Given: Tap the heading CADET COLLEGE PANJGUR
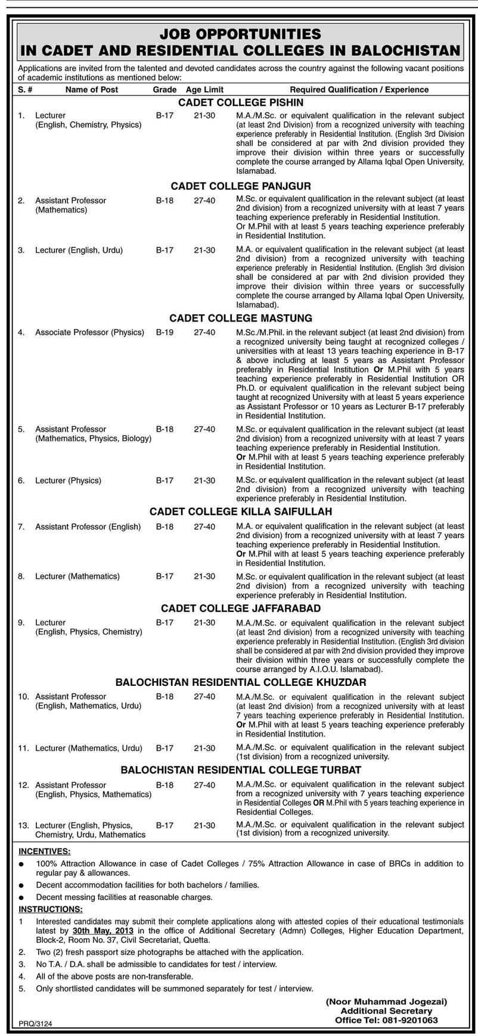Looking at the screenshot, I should coord(240,186).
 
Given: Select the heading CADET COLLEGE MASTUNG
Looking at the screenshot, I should coord(240,319).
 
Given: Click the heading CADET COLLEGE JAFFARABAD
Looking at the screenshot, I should coord(240,609).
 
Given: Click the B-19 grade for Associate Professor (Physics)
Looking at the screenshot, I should coord(164,332).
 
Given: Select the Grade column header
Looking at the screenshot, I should coord(164,89).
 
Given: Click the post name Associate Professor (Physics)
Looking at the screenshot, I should coord(89,332).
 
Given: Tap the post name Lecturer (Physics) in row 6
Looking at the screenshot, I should coord(68,480).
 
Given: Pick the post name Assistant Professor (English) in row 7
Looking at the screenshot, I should coord(88,526).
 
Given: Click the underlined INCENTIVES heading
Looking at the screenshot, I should coord(44,852).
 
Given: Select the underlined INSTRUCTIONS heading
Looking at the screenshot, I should coord(51,909).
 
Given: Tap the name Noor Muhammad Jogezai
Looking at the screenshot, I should coord(386,1001).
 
